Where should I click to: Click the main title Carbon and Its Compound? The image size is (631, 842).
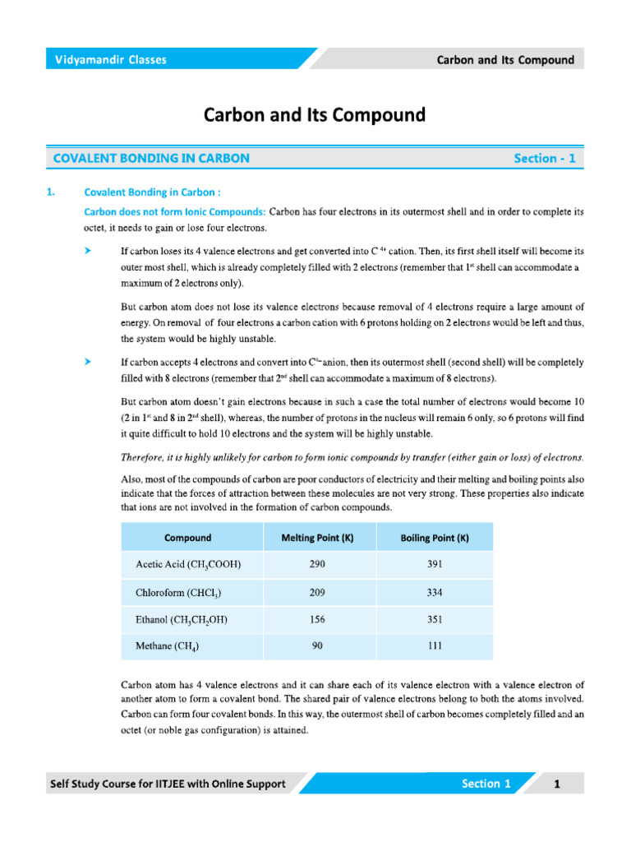click(x=315, y=115)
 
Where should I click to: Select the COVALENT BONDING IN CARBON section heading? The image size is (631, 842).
click(x=151, y=158)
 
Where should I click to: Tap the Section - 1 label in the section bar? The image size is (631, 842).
click(x=545, y=158)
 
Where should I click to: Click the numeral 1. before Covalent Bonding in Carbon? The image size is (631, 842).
click(x=51, y=192)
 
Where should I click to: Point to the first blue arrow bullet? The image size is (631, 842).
click(x=87, y=248)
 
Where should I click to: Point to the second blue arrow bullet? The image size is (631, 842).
click(x=87, y=361)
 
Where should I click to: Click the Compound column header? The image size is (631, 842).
click(x=187, y=538)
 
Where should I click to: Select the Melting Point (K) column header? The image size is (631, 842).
click(x=318, y=538)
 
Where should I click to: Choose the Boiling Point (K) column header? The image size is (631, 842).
click(x=435, y=538)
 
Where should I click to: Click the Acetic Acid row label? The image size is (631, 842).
click(x=188, y=565)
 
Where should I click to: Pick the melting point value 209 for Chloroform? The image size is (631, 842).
click(x=318, y=592)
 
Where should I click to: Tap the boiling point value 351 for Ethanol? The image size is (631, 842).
click(x=435, y=619)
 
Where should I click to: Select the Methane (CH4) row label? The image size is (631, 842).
click(x=167, y=646)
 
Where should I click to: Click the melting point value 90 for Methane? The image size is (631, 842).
click(x=318, y=646)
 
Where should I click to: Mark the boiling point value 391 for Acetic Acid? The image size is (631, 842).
click(x=435, y=565)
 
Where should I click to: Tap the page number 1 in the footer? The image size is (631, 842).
click(x=556, y=784)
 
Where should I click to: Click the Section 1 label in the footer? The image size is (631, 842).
click(x=486, y=784)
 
